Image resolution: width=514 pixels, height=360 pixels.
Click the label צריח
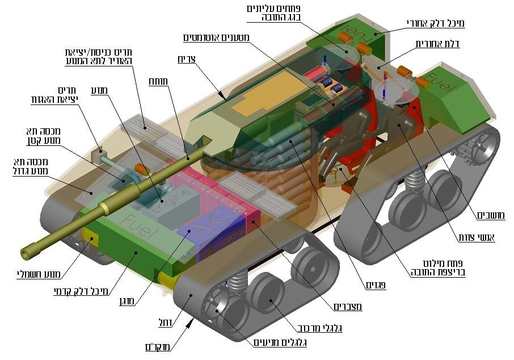pyautogui.click(x=203, y=58)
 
